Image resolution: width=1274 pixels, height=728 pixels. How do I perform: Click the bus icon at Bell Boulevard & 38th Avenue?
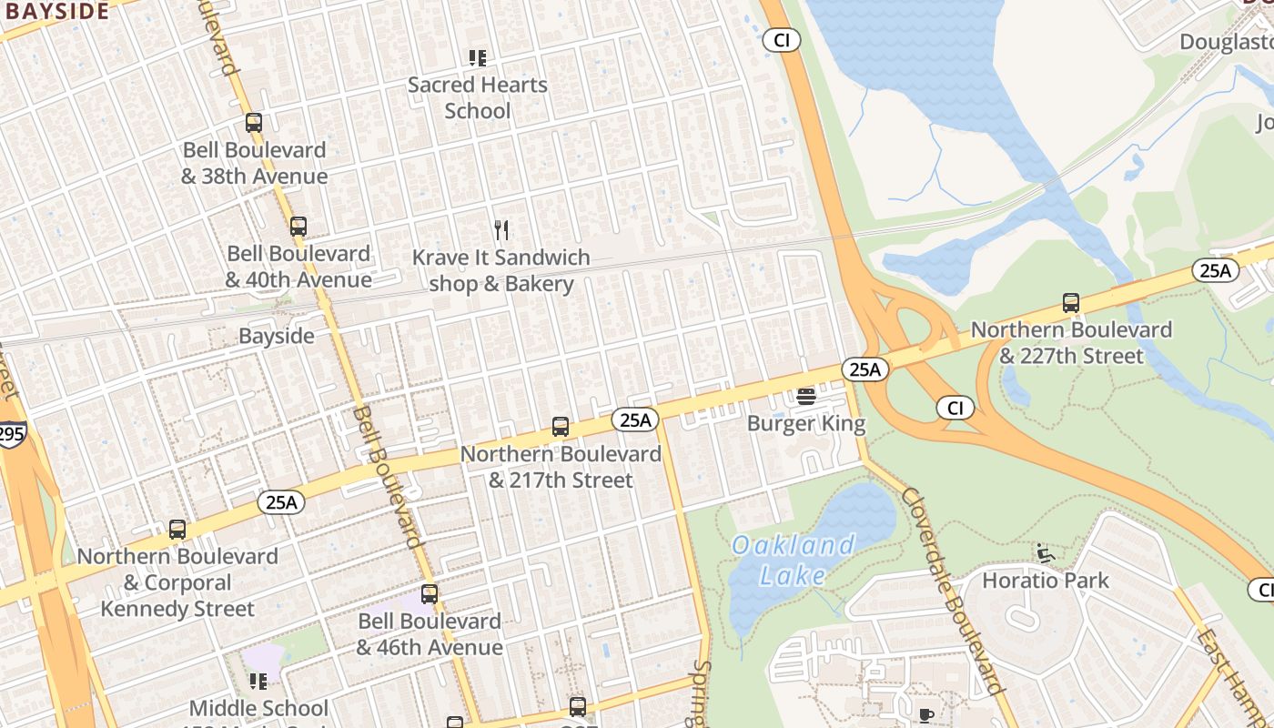(x=254, y=122)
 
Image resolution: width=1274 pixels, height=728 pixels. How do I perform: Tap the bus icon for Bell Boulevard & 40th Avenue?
(x=298, y=227)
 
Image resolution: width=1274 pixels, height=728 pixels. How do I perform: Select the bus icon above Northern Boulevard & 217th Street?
(x=561, y=427)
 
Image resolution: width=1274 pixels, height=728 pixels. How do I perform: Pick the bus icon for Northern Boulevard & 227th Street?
(x=1071, y=303)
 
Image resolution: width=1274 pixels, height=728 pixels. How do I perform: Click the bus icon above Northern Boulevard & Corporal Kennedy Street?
(x=177, y=530)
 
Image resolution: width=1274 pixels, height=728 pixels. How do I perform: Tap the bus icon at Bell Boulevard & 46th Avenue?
(x=430, y=594)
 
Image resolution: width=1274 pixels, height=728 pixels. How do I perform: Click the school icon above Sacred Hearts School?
(x=478, y=58)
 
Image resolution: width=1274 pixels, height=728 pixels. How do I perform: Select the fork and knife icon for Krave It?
(x=501, y=230)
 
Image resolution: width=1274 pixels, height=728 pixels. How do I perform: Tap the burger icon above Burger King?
(x=806, y=397)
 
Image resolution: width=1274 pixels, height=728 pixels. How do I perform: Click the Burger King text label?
(x=806, y=423)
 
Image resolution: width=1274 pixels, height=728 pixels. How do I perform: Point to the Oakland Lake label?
(x=793, y=560)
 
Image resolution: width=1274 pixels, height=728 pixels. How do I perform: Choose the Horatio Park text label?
(x=1046, y=580)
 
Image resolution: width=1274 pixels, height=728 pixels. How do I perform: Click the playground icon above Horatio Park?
(x=1046, y=553)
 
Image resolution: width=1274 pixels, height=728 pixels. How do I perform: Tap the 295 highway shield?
(x=11, y=434)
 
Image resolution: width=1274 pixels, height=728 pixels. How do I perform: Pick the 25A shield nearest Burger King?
(x=864, y=369)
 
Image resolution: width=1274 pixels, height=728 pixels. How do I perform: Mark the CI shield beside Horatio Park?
(x=1261, y=590)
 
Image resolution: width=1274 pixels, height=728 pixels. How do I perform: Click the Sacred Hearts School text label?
(x=478, y=97)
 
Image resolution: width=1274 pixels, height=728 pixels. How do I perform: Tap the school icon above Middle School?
(x=258, y=681)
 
